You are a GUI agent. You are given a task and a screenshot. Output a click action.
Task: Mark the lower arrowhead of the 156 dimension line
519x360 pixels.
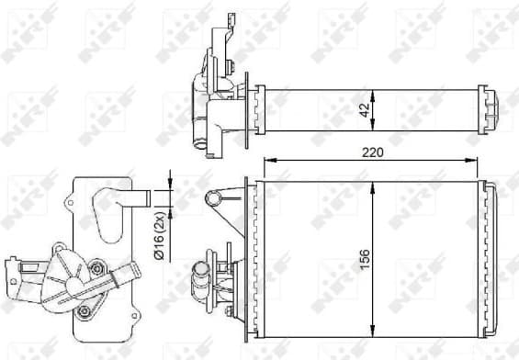pyautogui.click(x=370, y=330)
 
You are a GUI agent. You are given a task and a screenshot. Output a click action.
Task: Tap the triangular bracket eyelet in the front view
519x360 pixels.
pyautogui.click(x=213, y=197)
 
